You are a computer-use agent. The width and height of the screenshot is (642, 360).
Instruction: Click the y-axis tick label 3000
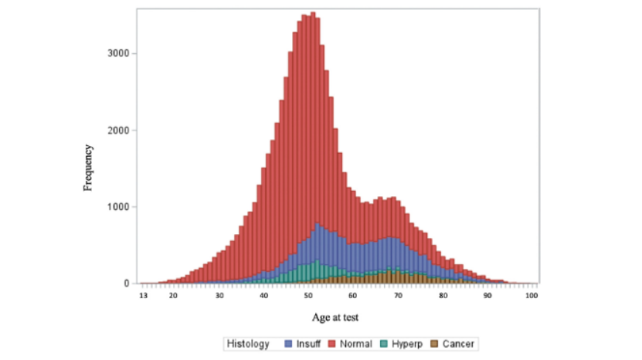tap(117, 53)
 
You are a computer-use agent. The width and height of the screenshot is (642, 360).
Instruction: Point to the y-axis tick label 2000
tap(117, 130)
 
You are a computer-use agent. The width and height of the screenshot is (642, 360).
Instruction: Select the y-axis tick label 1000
tap(117, 206)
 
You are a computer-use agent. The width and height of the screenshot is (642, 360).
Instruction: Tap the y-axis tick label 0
tap(126, 284)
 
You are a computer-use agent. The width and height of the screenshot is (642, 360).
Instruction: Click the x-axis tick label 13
tap(143, 296)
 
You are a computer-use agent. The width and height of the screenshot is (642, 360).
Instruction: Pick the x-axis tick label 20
tap(174, 296)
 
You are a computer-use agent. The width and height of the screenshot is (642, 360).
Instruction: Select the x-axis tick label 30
tap(219, 296)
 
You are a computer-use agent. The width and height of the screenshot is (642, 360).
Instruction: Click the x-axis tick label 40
tap(264, 296)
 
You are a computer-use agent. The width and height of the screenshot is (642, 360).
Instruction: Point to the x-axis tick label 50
tap(309, 296)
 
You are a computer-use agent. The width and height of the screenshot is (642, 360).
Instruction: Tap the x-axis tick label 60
tap(354, 296)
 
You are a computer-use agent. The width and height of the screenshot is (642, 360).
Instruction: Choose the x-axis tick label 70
tap(399, 296)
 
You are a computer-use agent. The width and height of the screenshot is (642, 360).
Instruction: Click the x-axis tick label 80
tap(443, 296)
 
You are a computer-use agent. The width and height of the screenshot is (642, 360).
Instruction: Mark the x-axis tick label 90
tap(488, 296)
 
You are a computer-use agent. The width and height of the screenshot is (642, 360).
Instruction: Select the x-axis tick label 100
tap(532, 296)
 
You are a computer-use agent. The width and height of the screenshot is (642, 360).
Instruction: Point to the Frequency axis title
tap(89, 167)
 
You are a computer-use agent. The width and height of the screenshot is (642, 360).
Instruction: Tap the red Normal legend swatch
tap(333, 344)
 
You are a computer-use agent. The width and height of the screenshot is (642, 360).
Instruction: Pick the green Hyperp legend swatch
tap(386, 344)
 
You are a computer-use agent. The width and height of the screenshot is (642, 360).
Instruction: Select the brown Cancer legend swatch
tap(434, 344)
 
